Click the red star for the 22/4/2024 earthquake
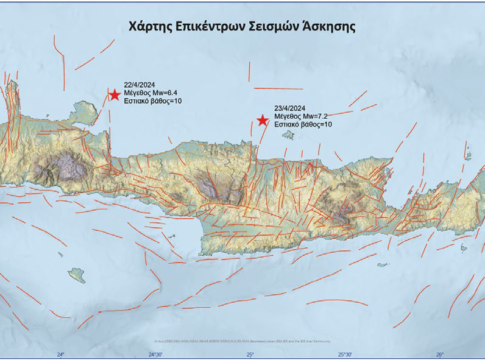click(x=114, y=95)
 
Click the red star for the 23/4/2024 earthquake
click(x=263, y=120)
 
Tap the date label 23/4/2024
click(x=291, y=108)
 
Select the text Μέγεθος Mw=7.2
click(x=303, y=117)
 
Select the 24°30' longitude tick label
click(x=155, y=353)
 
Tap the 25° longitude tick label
click(x=250, y=353)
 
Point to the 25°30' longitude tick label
click(x=345, y=353)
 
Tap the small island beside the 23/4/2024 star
click(x=288, y=134)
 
